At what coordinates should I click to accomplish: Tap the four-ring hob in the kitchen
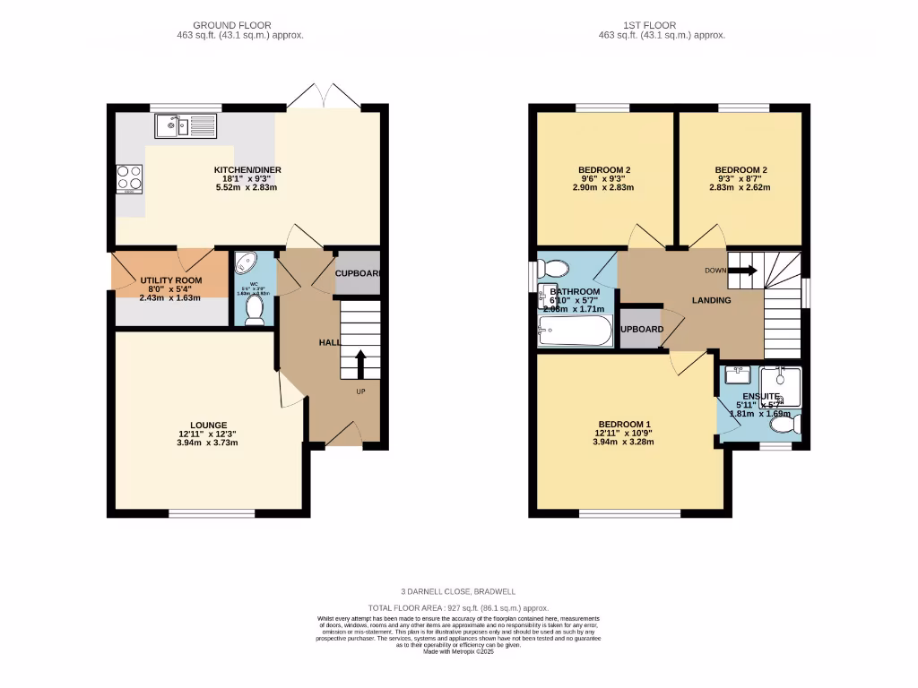click(x=129, y=179)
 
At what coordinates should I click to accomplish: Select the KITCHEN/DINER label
click(x=247, y=170)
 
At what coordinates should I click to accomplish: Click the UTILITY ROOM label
click(x=170, y=280)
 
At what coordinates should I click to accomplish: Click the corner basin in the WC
click(x=245, y=263)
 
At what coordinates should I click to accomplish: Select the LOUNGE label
click(x=208, y=425)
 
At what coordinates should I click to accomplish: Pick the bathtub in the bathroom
click(x=575, y=331)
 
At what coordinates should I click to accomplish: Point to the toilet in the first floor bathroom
click(x=556, y=268)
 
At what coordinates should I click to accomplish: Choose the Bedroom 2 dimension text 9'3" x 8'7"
click(x=740, y=178)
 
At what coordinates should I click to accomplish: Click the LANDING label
click(x=710, y=300)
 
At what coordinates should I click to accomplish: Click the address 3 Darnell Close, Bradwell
click(x=459, y=592)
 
